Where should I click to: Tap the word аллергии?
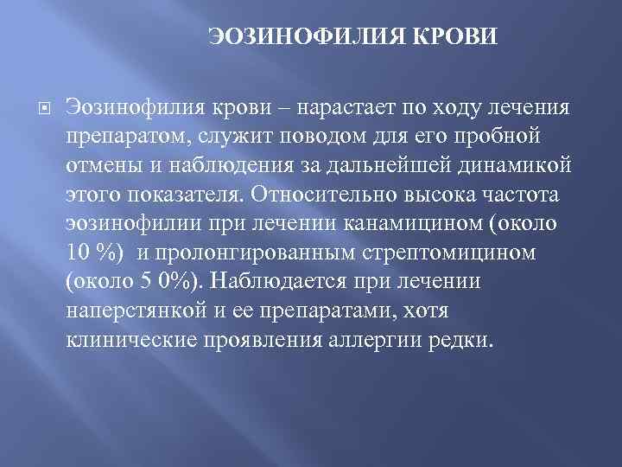point(377,337)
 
